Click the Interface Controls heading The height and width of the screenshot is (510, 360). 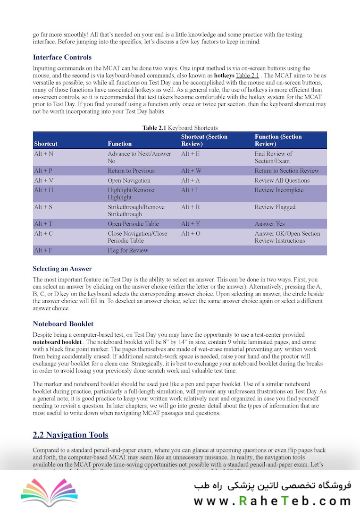pyautogui.click(x=62, y=58)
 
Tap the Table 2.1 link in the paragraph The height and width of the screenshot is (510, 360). pyautogui.click(x=247, y=76)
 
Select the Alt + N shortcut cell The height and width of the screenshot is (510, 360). pyautogui.click(x=44, y=154)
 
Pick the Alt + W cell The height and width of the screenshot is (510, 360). pyautogui.click(x=191, y=171)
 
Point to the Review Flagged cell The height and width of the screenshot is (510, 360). pyautogui.click(x=275, y=207)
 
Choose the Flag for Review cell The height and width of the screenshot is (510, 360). pyautogui.click(x=128, y=250)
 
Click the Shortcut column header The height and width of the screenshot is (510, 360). pyautogui.click(x=46, y=144)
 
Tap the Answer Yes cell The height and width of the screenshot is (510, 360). pyautogui.click(x=270, y=224)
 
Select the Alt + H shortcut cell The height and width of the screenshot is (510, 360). pyautogui.click(x=44, y=190)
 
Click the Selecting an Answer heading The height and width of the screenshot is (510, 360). pyautogui.click(x=62, y=269)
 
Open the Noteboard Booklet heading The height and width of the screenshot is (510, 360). pyautogui.click(x=63, y=324)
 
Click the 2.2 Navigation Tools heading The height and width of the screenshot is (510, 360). pyautogui.click(x=71, y=435)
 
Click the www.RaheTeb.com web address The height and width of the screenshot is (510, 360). pyautogui.click(x=272, y=500)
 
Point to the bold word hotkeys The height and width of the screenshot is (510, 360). pyautogui.click(x=224, y=76)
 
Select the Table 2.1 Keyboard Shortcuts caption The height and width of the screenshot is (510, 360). pyautogui.click(x=180, y=128)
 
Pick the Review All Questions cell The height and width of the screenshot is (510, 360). pyautogui.click(x=282, y=180)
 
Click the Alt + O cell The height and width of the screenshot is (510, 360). pyautogui.click(x=191, y=234)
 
